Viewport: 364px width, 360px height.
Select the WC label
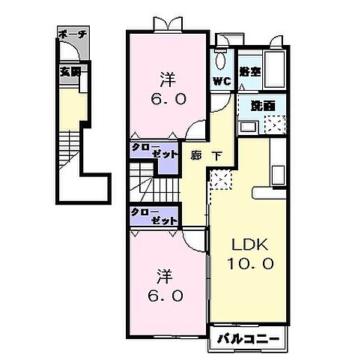coord(222,81)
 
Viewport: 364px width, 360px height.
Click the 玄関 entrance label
coord(70,71)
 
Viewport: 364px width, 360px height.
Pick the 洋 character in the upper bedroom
coord(166,78)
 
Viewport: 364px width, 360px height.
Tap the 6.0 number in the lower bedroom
coord(166,295)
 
